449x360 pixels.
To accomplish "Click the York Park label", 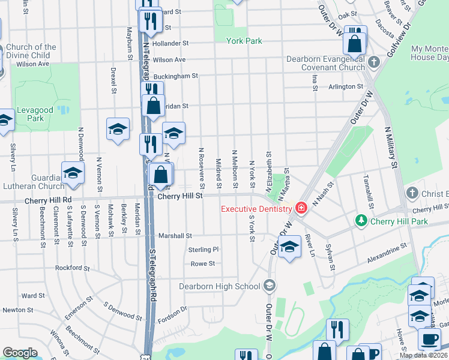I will (x=244, y=41).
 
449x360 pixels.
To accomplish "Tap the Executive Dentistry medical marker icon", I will (x=301, y=208).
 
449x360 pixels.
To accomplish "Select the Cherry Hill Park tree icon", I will (x=361, y=221).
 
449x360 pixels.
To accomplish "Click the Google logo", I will (x=20, y=352).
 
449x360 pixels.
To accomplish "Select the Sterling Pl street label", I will (x=204, y=250).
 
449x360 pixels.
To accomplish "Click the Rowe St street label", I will (x=202, y=264).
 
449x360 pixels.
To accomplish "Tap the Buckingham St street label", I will (x=175, y=76).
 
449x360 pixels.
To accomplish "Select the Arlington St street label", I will (x=346, y=86).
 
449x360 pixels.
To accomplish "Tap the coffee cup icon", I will (x=429, y=339).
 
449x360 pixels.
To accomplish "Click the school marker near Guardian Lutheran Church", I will (x=73, y=173).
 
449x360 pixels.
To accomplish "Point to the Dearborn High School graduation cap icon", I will (x=270, y=285).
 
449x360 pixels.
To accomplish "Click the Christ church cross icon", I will (x=412, y=193).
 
